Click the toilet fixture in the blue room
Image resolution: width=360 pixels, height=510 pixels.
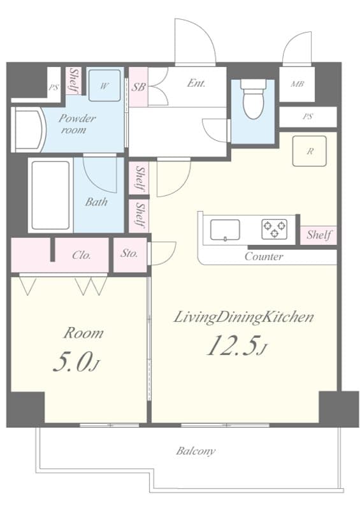(x=253, y=101)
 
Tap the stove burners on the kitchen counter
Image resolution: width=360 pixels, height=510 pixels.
(x=275, y=229)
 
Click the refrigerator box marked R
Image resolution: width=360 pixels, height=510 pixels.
(x=310, y=151)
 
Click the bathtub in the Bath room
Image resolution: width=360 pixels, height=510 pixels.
(x=50, y=195)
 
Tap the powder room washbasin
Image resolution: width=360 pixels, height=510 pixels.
(x=29, y=131)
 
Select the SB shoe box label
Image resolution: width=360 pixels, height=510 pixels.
(x=138, y=87)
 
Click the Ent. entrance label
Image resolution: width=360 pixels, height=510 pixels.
(x=196, y=83)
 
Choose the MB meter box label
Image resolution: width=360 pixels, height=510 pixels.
(x=297, y=84)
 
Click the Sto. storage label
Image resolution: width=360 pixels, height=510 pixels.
(x=130, y=254)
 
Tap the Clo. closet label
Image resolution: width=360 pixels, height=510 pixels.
(x=81, y=255)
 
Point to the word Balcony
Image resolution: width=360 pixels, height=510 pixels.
(x=196, y=451)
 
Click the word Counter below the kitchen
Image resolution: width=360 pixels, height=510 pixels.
(x=264, y=257)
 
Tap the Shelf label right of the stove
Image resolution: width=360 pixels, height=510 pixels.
(x=319, y=235)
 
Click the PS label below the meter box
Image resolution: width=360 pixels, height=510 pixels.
(x=308, y=117)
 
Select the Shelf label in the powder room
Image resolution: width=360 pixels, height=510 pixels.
(x=73, y=82)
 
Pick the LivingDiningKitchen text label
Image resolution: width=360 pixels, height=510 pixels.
(x=244, y=317)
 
